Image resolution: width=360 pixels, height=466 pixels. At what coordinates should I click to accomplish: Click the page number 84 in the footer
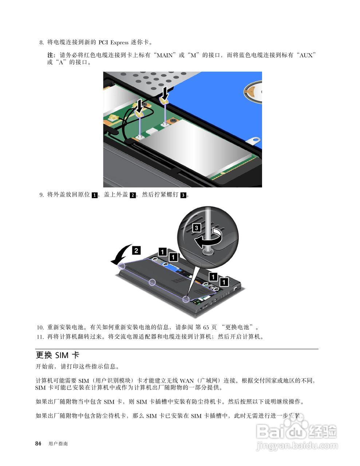38,443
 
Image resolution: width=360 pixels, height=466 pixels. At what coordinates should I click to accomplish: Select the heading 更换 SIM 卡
57,355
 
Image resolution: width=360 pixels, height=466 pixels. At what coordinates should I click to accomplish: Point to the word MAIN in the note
165,55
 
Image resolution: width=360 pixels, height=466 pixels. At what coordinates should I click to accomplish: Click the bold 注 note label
51,55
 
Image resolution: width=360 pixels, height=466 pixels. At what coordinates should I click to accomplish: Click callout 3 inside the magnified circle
196,228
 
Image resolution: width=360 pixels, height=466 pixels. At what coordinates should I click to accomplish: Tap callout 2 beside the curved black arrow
136,250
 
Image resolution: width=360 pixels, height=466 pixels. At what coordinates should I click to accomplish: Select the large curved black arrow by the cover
120,255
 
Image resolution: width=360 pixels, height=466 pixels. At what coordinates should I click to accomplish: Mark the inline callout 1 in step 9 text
95,195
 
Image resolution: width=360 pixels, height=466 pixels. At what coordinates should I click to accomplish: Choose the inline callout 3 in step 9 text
183,195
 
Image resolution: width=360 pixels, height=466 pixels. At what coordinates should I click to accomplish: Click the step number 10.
40,327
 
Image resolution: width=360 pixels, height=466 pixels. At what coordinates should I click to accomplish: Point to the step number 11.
40,337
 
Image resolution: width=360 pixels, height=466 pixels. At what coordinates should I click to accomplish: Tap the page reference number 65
206,327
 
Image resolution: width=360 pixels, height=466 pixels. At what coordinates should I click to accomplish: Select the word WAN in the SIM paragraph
187,381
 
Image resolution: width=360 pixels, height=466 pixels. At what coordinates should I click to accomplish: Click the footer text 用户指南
58,444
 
